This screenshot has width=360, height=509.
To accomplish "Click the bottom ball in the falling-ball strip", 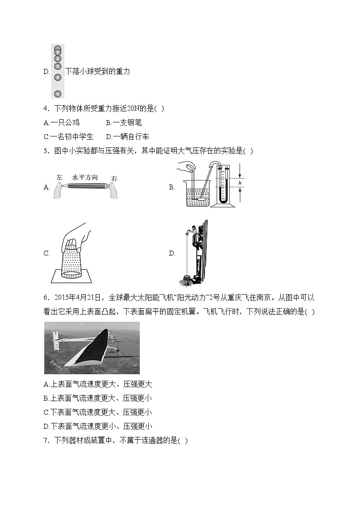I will click(x=58, y=94).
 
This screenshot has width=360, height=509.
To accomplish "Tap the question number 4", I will click(x=46, y=108).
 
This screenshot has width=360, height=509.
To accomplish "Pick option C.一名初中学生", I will click(x=68, y=136).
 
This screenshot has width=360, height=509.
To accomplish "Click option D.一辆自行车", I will click(x=127, y=136).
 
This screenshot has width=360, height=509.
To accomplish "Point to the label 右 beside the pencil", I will click(x=114, y=179).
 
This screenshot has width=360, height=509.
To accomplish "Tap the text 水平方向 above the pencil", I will click(x=85, y=177).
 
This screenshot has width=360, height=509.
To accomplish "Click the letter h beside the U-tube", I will click(x=239, y=183).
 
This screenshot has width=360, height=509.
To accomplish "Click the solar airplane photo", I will click(x=92, y=348).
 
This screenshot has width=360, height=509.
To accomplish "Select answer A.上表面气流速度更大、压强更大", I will click(x=97, y=384).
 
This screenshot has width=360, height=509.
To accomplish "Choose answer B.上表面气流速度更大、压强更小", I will click(x=97, y=398).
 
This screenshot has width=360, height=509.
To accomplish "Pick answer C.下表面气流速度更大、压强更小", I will click(x=97, y=412).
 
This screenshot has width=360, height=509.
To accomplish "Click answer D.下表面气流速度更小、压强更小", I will click(x=97, y=426).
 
